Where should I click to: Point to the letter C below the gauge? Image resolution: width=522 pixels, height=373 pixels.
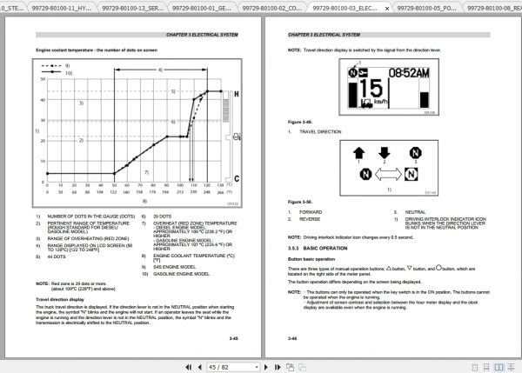point(237,178)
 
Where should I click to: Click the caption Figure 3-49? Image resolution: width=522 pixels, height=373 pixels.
point(301,122)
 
